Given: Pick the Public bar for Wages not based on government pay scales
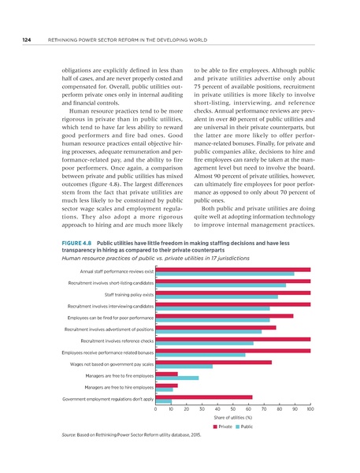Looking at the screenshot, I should click(x=184, y=367).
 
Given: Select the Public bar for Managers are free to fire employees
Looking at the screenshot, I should click(x=177, y=378).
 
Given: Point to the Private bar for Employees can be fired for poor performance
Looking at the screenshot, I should click(x=224, y=316).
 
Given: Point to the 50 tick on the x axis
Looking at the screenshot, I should click(x=233, y=411).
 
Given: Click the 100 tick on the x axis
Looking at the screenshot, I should click(x=310, y=411).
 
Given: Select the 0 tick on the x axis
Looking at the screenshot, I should click(x=156, y=411).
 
